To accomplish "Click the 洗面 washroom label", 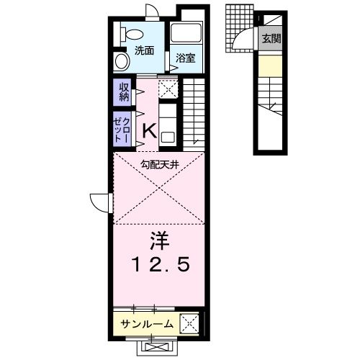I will click(x=144, y=51).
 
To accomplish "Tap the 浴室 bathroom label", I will click(x=186, y=58).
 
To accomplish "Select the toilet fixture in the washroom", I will click(x=132, y=34).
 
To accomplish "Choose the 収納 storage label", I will click(x=124, y=91).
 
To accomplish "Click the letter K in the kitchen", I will click(x=149, y=131).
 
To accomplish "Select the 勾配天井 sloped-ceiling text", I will click(x=160, y=164).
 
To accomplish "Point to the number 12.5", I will click(x=159, y=265).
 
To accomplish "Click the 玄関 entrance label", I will click(x=271, y=38).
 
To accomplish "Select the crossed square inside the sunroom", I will click(x=189, y=323).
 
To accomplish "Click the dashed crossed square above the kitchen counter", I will click(x=167, y=89).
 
